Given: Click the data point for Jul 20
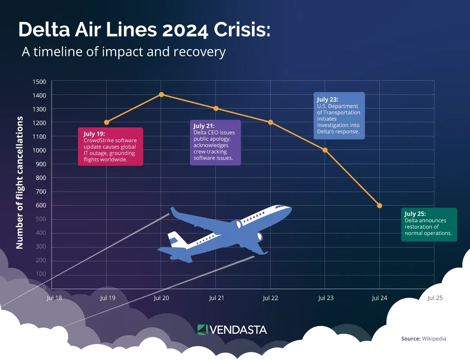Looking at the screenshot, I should [161, 94].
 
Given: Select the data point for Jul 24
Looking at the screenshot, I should [380, 206].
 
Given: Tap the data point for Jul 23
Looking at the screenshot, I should [325, 150].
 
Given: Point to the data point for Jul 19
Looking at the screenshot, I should [107, 122].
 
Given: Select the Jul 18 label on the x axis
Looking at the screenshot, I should [54, 298].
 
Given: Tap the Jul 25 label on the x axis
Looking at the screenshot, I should [435, 298].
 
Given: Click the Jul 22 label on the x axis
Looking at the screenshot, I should [270, 298].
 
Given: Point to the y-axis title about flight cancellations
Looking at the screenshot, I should [20, 183].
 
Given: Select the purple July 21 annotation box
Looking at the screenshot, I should [215, 143].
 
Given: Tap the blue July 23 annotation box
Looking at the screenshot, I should [339, 116].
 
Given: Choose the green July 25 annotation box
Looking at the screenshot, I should [429, 224].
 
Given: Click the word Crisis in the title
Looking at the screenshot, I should [240, 30].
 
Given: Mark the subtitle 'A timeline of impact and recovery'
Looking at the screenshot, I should [123, 52].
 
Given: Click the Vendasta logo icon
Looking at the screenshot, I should [202, 329].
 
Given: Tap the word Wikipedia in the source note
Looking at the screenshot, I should [434, 338].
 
